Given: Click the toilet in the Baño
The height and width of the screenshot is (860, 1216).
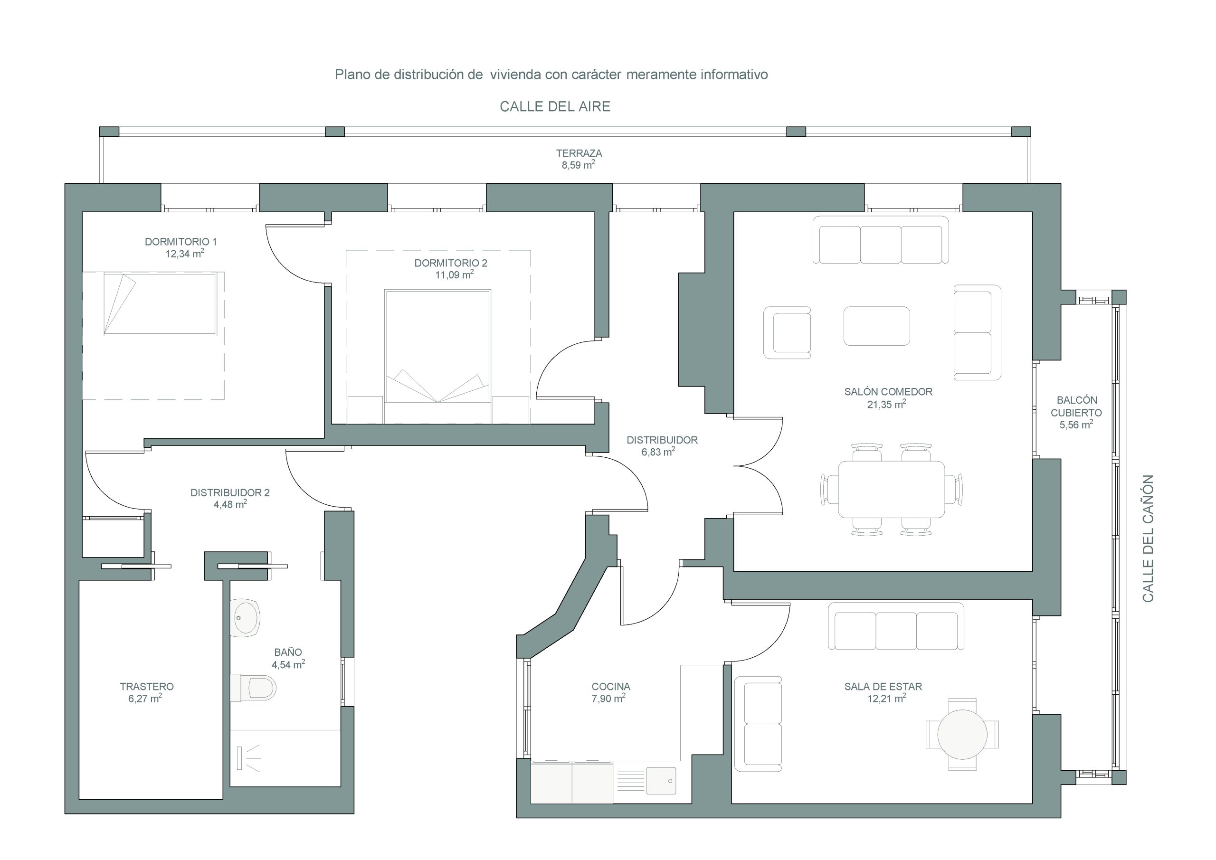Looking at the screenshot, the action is pyautogui.click(x=254, y=687).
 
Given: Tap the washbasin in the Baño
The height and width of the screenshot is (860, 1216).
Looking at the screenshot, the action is pyautogui.click(x=245, y=617).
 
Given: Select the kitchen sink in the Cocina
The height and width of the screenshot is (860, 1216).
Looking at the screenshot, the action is pyautogui.click(x=661, y=781).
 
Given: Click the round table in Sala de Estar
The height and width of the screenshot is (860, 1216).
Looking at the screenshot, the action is pyautogui.click(x=962, y=735).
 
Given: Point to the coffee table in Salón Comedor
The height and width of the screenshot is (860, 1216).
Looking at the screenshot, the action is pyautogui.click(x=876, y=326).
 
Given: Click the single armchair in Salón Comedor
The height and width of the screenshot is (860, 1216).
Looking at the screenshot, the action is pyautogui.click(x=787, y=332).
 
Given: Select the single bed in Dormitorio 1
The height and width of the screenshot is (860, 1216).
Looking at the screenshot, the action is pyautogui.click(x=149, y=304).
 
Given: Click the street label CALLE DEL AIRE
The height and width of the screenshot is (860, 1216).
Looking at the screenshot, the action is pyautogui.click(x=555, y=106).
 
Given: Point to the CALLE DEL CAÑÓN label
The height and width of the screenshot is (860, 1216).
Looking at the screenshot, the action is pyautogui.click(x=1148, y=539).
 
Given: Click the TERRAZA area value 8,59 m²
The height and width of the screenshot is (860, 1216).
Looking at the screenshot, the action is pyautogui.click(x=579, y=165).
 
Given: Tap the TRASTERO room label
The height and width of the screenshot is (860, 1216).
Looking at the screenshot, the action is pyautogui.click(x=147, y=686).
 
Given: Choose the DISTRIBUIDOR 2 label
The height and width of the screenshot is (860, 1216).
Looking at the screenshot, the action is pyautogui.click(x=230, y=492).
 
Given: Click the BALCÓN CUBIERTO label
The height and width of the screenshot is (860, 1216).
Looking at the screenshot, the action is pyautogui.click(x=1077, y=406).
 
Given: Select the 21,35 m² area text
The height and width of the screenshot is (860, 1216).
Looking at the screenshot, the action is pyautogui.click(x=886, y=404).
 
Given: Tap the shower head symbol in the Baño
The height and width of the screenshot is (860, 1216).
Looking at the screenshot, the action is pyautogui.click(x=248, y=758).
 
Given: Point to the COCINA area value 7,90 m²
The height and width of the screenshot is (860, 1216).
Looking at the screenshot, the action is pyautogui.click(x=608, y=699).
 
